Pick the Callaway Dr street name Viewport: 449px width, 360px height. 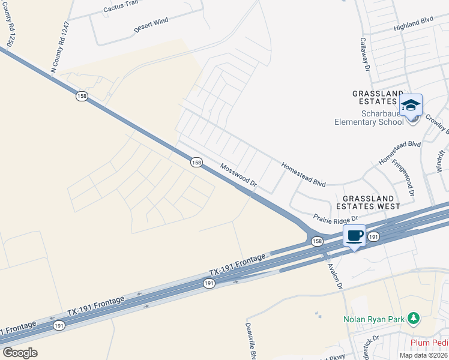pyautogui.click(x=364, y=56)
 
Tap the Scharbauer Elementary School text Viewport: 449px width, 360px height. pyautogui.click(x=369, y=122)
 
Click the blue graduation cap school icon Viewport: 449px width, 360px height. pyautogui.click(x=411, y=106)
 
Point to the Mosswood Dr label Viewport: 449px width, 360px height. pyautogui.click(x=238, y=176)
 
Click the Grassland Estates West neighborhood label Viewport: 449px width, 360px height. pyautogui.click(x=368, y=202)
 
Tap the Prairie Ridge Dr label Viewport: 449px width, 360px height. pyautogui.click(x=336, y=218)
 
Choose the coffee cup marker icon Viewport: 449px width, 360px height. pyautogui.click(x=354, y=235)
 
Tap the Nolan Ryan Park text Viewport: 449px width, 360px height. pyautogui.click(x=373, y=319)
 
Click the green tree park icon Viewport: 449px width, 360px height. pyautogui.click(x=413, y=317)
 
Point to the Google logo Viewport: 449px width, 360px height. pyautogui.click(x=20, y=353)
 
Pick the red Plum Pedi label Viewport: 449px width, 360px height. pyautogui.click(x=429, y=343)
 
